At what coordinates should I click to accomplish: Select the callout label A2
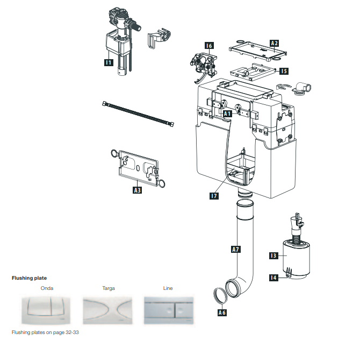(275, 42)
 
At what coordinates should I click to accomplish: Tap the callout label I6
(208, 46)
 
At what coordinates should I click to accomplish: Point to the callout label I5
(283, 70)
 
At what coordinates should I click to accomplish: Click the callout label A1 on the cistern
(227, 114)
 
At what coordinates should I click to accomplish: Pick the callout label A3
(138, 190)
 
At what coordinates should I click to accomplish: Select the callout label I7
(214, 196)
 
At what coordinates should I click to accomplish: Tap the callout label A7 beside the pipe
(235, 249)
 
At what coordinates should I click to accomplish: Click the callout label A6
(222, 312)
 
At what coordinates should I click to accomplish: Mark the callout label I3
(273, 255)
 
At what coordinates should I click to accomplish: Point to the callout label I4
(273, 278)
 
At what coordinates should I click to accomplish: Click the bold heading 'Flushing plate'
(30, 278)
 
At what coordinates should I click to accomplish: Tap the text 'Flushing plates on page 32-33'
(46, 332)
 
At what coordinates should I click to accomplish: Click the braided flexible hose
(138, 114)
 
